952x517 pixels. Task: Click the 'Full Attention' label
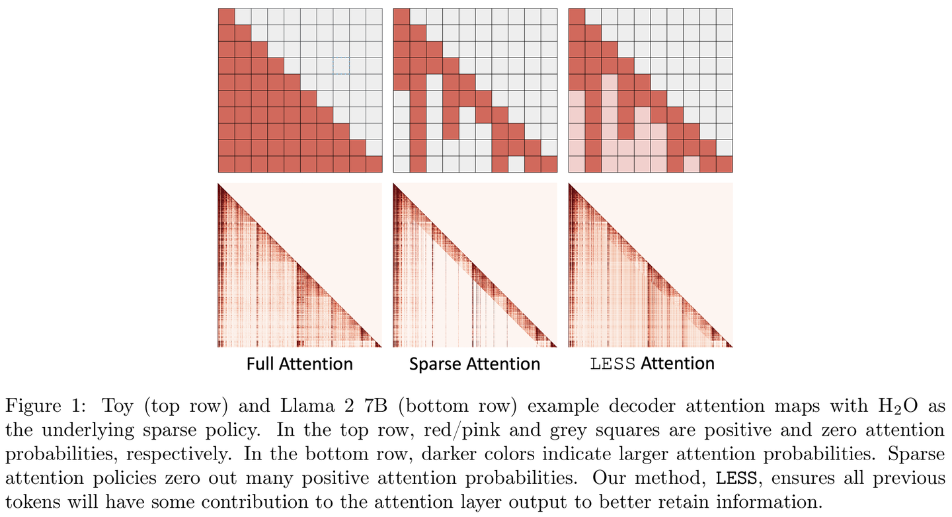click(x=299, y=364)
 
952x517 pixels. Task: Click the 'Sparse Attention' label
click(x=475, y=364)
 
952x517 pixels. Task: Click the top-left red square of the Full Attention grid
click(x=226, y=17)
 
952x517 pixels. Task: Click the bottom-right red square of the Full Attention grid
click(x=374, y=164)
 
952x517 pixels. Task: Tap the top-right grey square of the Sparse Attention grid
click(x=549, y=17)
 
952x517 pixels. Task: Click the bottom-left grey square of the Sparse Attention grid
click(x=401, y=164)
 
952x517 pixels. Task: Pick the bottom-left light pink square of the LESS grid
click(x=576, y=164)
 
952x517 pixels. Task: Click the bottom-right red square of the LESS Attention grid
click(x=724, y=164)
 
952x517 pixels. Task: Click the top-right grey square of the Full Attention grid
click(x=374, y=17)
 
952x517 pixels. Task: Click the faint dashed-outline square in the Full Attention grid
click(x=341, y=65)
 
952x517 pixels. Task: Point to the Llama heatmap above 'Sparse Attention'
click(x=475, y=264)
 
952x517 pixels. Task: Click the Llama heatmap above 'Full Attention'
click(x=299, y=264)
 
